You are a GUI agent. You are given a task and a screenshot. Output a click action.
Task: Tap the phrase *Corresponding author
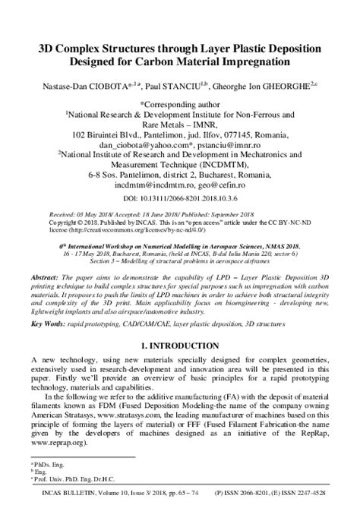tap(180, 101)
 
